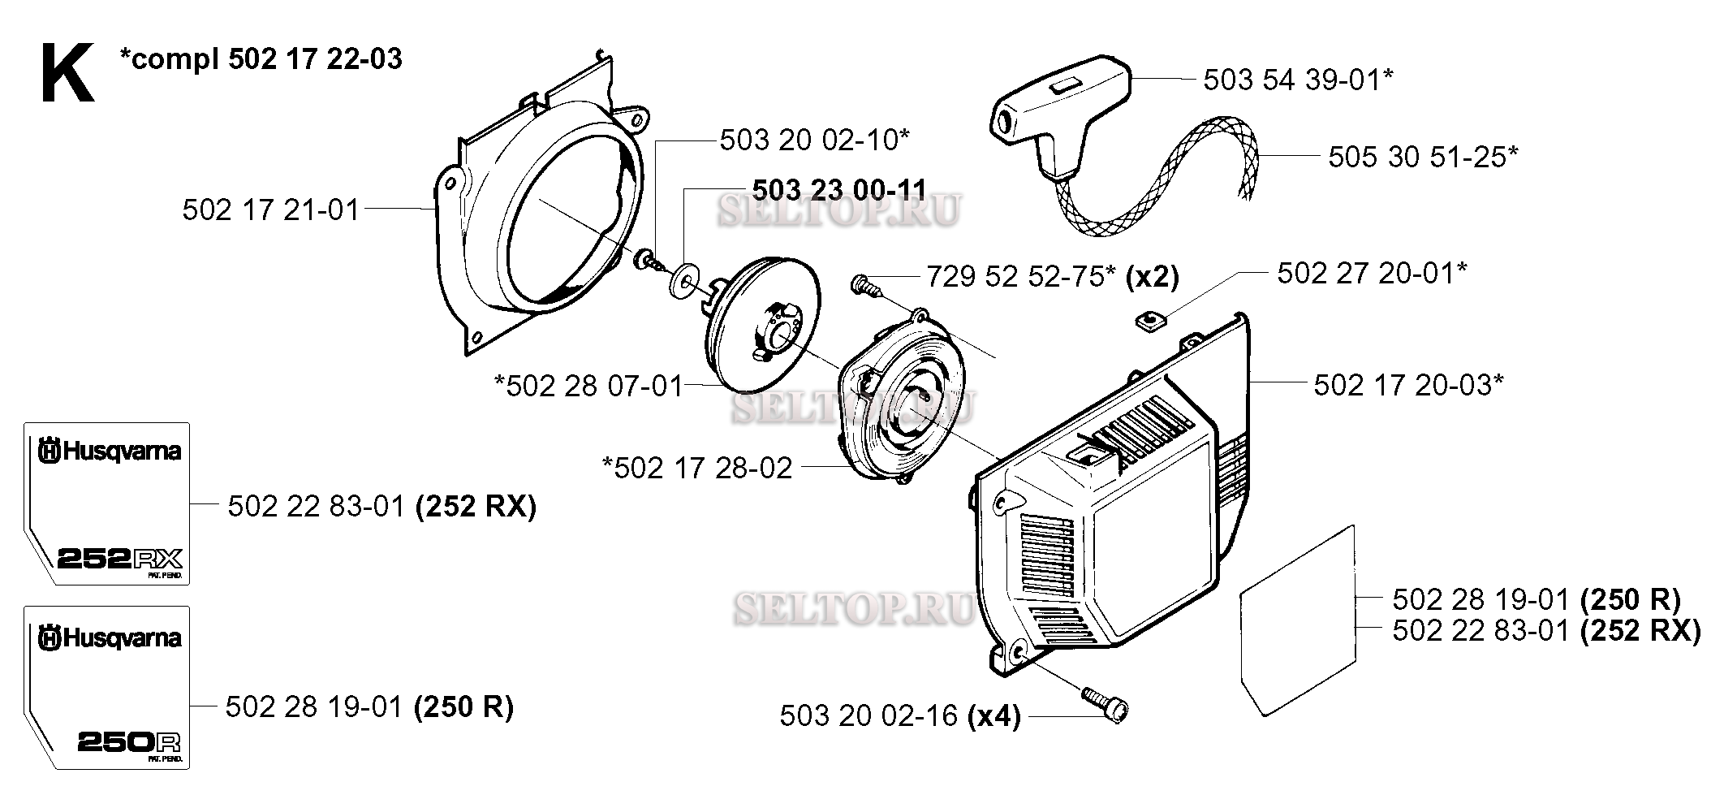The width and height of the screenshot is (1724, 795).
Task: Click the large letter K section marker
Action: point(67,74)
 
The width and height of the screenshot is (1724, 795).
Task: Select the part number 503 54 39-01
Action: point(1298,80)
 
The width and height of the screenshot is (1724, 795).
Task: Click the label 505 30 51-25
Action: point(1422,156)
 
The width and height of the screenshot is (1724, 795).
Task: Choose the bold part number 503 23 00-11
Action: point(839,189)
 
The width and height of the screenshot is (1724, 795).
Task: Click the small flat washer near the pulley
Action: point(687,280)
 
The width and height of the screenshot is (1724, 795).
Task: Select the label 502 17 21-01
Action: point(270,210)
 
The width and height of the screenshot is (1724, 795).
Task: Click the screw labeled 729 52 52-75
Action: point(863,286)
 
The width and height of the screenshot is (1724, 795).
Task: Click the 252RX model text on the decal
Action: point(120,559)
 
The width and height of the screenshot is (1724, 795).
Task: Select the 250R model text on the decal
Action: point(129,742)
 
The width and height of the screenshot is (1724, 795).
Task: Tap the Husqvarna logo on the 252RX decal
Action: point(109,452)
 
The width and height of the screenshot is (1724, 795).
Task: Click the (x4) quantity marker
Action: point(994,715)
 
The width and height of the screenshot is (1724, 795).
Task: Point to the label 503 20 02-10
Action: point(814,140)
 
